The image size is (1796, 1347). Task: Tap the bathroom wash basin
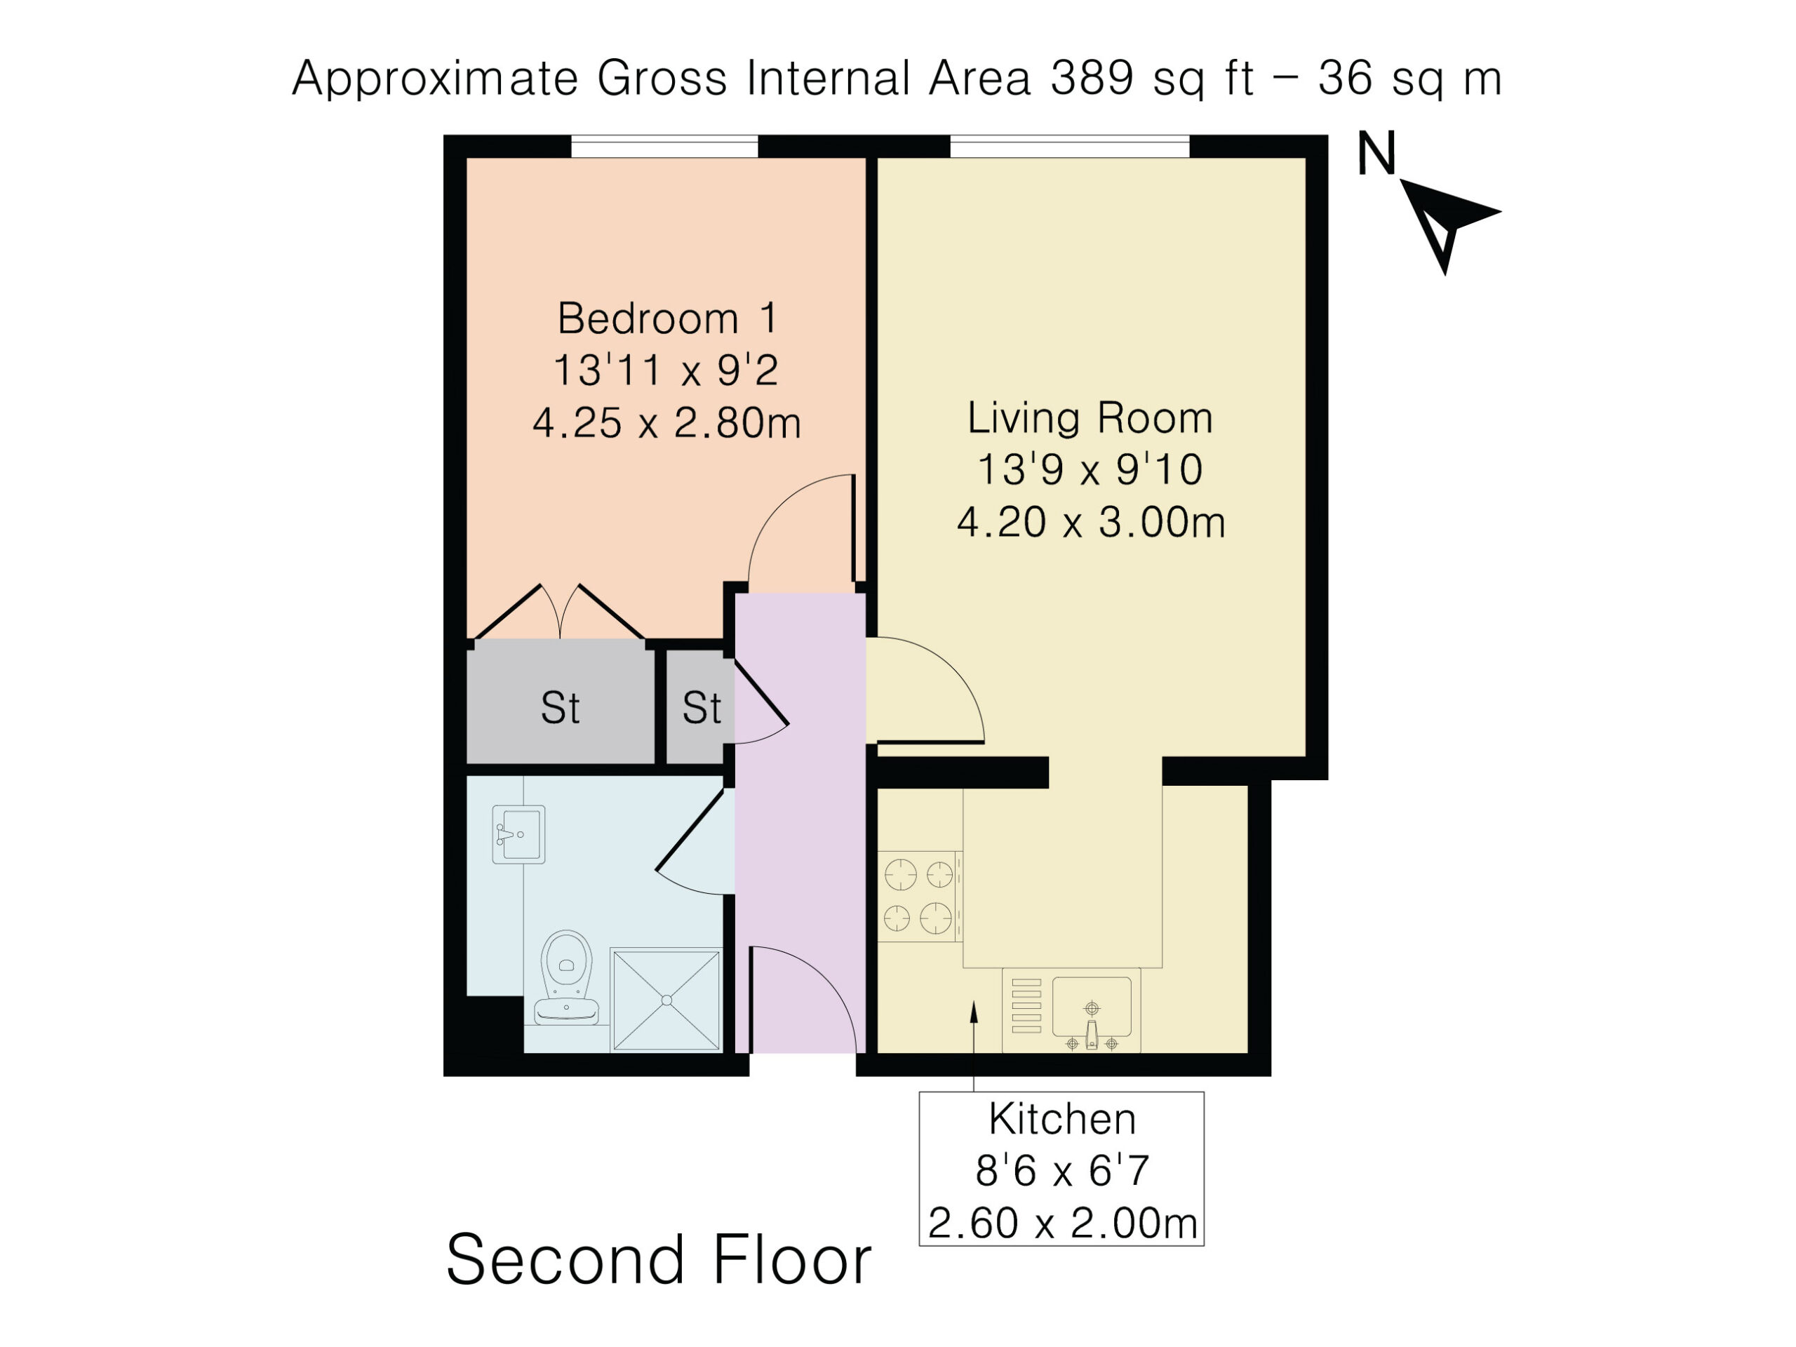[518, 834]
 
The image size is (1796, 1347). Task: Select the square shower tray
[666, 1000]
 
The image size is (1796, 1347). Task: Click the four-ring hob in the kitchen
[919, 897]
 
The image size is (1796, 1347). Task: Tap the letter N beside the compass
[1376, 154]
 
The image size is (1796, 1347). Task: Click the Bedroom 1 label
[667, 318]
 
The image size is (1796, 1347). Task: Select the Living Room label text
[1090, 417]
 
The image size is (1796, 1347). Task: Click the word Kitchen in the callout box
[1062, 1119]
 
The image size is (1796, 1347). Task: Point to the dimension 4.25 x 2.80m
[666, 423]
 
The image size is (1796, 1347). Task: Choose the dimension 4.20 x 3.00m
[1090, 522]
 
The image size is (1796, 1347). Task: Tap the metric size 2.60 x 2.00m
[1062, 1223]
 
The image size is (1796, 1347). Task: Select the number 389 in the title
[1092, 79]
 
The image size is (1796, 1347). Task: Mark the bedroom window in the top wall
[664, 146]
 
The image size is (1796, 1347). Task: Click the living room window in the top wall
[1069, 146]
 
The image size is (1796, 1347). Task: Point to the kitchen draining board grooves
[1026, 1006]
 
